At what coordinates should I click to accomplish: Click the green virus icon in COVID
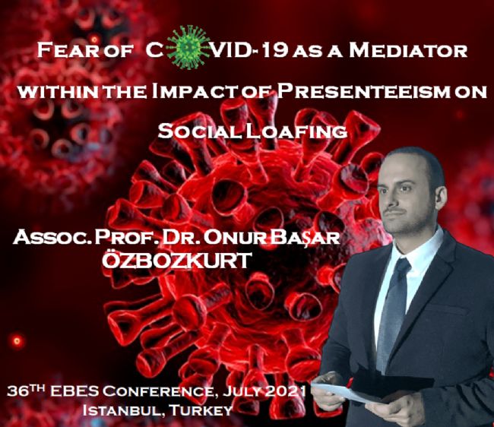(x=188, y=47)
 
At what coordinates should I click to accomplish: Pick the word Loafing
(x=296, y=131)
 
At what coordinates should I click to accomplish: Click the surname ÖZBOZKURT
(x=177, y=261)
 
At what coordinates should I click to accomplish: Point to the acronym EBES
(x=74, y=391)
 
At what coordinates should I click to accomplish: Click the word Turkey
(x=201, y=410)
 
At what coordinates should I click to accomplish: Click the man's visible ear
(x=440, y=198)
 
